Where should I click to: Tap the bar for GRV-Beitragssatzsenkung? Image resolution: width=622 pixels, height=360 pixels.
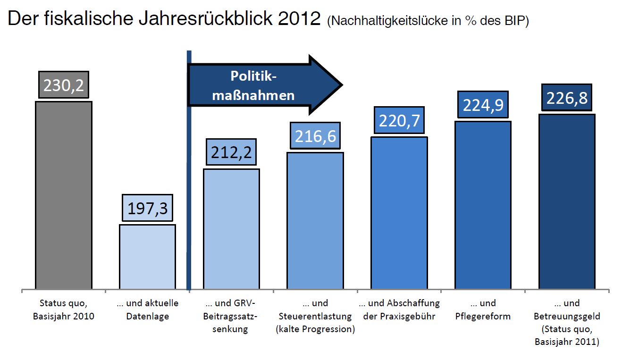pyautogui.click(x=231, y=228)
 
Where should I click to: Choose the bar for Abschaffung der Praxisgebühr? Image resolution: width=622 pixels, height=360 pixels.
pyautogui.click(x=399, y=212)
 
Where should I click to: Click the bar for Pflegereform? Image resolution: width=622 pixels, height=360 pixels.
pyautogui.click(x=483, y=205)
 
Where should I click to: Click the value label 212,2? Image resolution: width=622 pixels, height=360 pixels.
pyautogui.click(x=231, y=153)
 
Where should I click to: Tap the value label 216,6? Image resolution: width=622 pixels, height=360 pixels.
pyautogui.click(x=315, y=136)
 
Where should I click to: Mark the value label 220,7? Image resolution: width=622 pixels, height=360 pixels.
pyautogui.click(x=399, y=121)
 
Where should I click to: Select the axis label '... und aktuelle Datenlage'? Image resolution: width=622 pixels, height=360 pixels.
pyautogui.click(x=147, y=310)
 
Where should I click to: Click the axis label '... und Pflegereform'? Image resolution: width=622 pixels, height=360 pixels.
pyautogui.click(x=483, y=310)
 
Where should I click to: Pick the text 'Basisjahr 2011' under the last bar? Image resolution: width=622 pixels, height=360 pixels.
pyautogui.click(x=567, y=342)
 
